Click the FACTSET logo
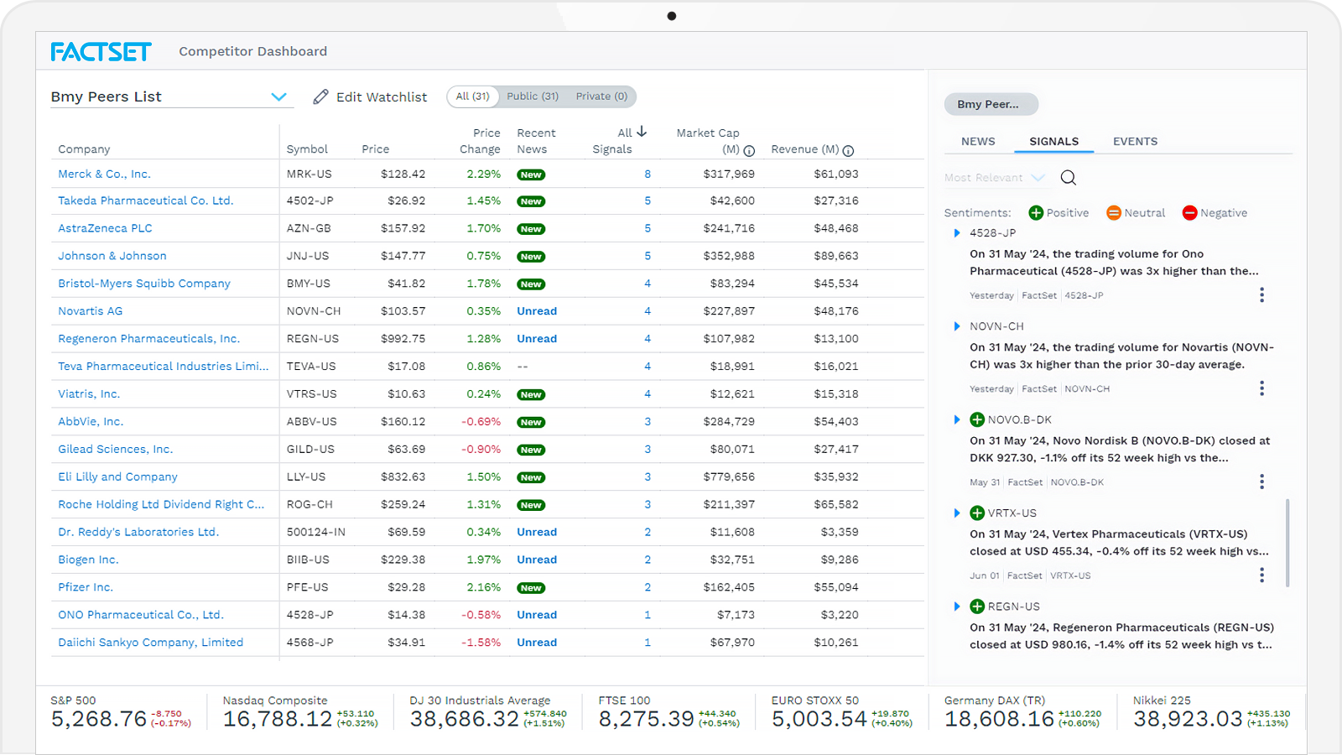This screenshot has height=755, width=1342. click(x=101, y=52)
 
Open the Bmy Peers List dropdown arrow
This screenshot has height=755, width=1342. click(x=279, y=97)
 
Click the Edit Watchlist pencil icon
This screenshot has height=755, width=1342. click(x=320, y=97)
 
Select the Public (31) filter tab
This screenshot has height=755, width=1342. click(x=533, y=96)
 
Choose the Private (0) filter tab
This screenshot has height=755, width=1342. click(x=601, y=96)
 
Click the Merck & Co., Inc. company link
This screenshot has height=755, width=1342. click(x=104, y=174)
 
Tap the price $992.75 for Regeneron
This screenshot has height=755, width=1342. click(x=403, y=339)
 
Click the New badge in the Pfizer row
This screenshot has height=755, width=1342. click(x=531, y=588)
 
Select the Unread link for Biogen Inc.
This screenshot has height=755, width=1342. click(x=537, y=560)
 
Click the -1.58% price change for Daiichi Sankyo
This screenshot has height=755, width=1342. click(x=481, y=643)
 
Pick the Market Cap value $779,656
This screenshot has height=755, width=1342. click(x=729, y=477)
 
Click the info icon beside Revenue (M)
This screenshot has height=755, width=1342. click(x=848, y=151)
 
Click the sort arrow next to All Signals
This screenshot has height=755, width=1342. click(x=642, y=132)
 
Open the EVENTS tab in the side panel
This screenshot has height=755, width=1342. click(x=1135, y=142)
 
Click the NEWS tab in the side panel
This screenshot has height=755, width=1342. click(x=978, y=142)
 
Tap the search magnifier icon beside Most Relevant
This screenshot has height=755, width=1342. click(x=1068, y=178)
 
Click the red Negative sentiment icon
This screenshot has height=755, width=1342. click(x=1189, y=213)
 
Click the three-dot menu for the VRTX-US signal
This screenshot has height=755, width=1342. click(x=1261, y=575)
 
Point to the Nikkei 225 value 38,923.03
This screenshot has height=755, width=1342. click(x=1188, y=719)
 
